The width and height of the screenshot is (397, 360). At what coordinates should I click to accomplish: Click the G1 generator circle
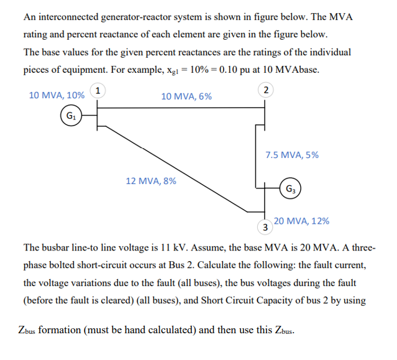coord(72,115)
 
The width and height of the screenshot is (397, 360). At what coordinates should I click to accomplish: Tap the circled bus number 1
coord(98,90)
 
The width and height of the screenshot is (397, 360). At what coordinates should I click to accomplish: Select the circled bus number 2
coord(266,91)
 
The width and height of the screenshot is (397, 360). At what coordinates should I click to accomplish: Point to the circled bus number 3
coord(265,227)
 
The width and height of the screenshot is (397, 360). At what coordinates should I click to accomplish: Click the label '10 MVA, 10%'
coord(57,96)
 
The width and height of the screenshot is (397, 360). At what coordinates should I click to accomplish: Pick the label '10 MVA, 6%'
coord(186,96)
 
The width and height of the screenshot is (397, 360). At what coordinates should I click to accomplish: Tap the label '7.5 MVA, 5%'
coord(291,155)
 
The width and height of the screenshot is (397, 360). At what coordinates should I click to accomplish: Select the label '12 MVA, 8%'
coord(150,182)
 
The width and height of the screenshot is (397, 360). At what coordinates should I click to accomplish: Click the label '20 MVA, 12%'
coord(301,221)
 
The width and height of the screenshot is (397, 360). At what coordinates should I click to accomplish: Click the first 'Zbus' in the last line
coord(24,330)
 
